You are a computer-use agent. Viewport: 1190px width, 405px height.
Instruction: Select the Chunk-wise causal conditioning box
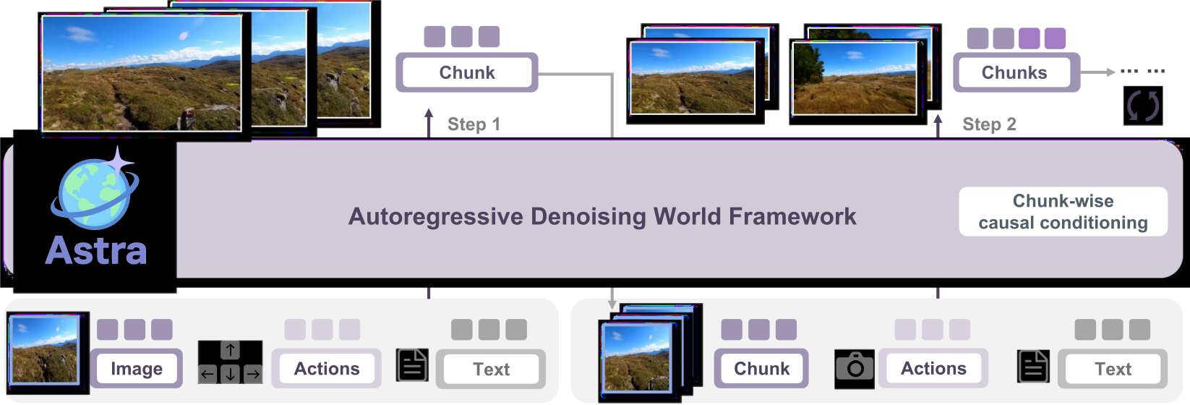1063,211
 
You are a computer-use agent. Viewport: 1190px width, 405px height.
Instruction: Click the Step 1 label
474,124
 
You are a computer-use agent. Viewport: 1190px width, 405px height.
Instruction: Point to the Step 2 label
989,124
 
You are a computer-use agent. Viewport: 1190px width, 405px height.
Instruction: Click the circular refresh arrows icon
1143,106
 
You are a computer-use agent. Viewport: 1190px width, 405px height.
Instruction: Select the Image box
137,368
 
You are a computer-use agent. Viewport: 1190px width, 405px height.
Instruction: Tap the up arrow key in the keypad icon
230,350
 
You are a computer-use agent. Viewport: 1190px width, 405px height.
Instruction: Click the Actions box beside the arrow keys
327,368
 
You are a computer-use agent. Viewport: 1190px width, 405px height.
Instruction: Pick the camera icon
855,368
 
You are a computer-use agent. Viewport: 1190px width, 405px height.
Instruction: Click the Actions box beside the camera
933,368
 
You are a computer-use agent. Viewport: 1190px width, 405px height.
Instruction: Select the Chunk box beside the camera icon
761,368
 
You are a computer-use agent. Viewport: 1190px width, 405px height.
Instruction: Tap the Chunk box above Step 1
467,72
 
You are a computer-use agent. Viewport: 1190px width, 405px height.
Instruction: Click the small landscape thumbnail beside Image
45,349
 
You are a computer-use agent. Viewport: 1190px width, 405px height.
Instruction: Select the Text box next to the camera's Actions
1113,369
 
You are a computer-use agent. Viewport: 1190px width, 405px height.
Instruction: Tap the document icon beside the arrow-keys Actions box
412,365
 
